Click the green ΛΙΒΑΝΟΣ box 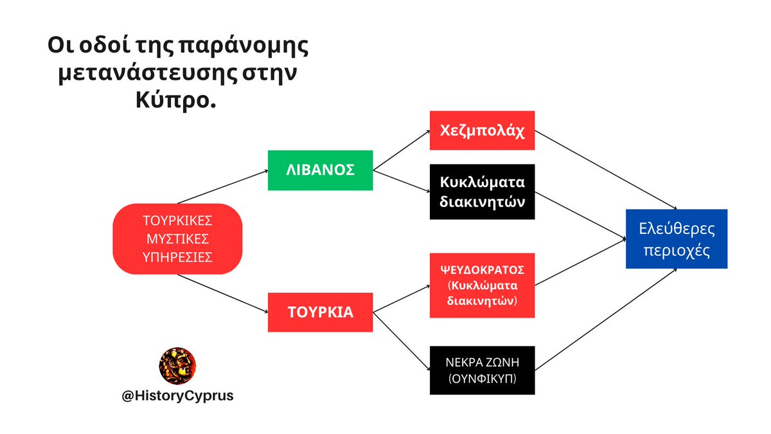tap(320, 170)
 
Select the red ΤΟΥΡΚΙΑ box tap(320, 312)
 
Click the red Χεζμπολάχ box tap(482, 131)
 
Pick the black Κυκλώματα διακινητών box tap(482, 191)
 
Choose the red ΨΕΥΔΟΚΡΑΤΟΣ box tap(482, 285)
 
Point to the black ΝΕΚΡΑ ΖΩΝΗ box tap(482, 370)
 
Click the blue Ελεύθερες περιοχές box tap(677, 239)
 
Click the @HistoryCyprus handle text tap(177, 396)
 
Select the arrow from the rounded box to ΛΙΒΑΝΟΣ tap(222, 187)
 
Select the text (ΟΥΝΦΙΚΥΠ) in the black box tap(482, 379)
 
